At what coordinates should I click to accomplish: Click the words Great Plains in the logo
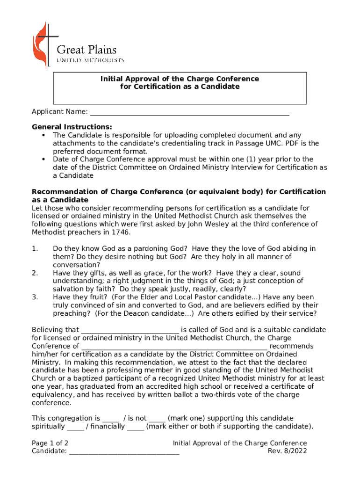86,50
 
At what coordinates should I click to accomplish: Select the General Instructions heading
72,127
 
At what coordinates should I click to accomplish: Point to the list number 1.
35,248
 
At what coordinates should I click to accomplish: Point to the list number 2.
35,273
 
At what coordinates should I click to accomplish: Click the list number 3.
35,297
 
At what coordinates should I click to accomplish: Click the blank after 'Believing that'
130,330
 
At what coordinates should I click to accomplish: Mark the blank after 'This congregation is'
111,419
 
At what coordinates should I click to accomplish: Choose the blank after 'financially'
136,427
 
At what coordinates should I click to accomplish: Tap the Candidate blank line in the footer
124,451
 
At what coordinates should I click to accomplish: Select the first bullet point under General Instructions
43,136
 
